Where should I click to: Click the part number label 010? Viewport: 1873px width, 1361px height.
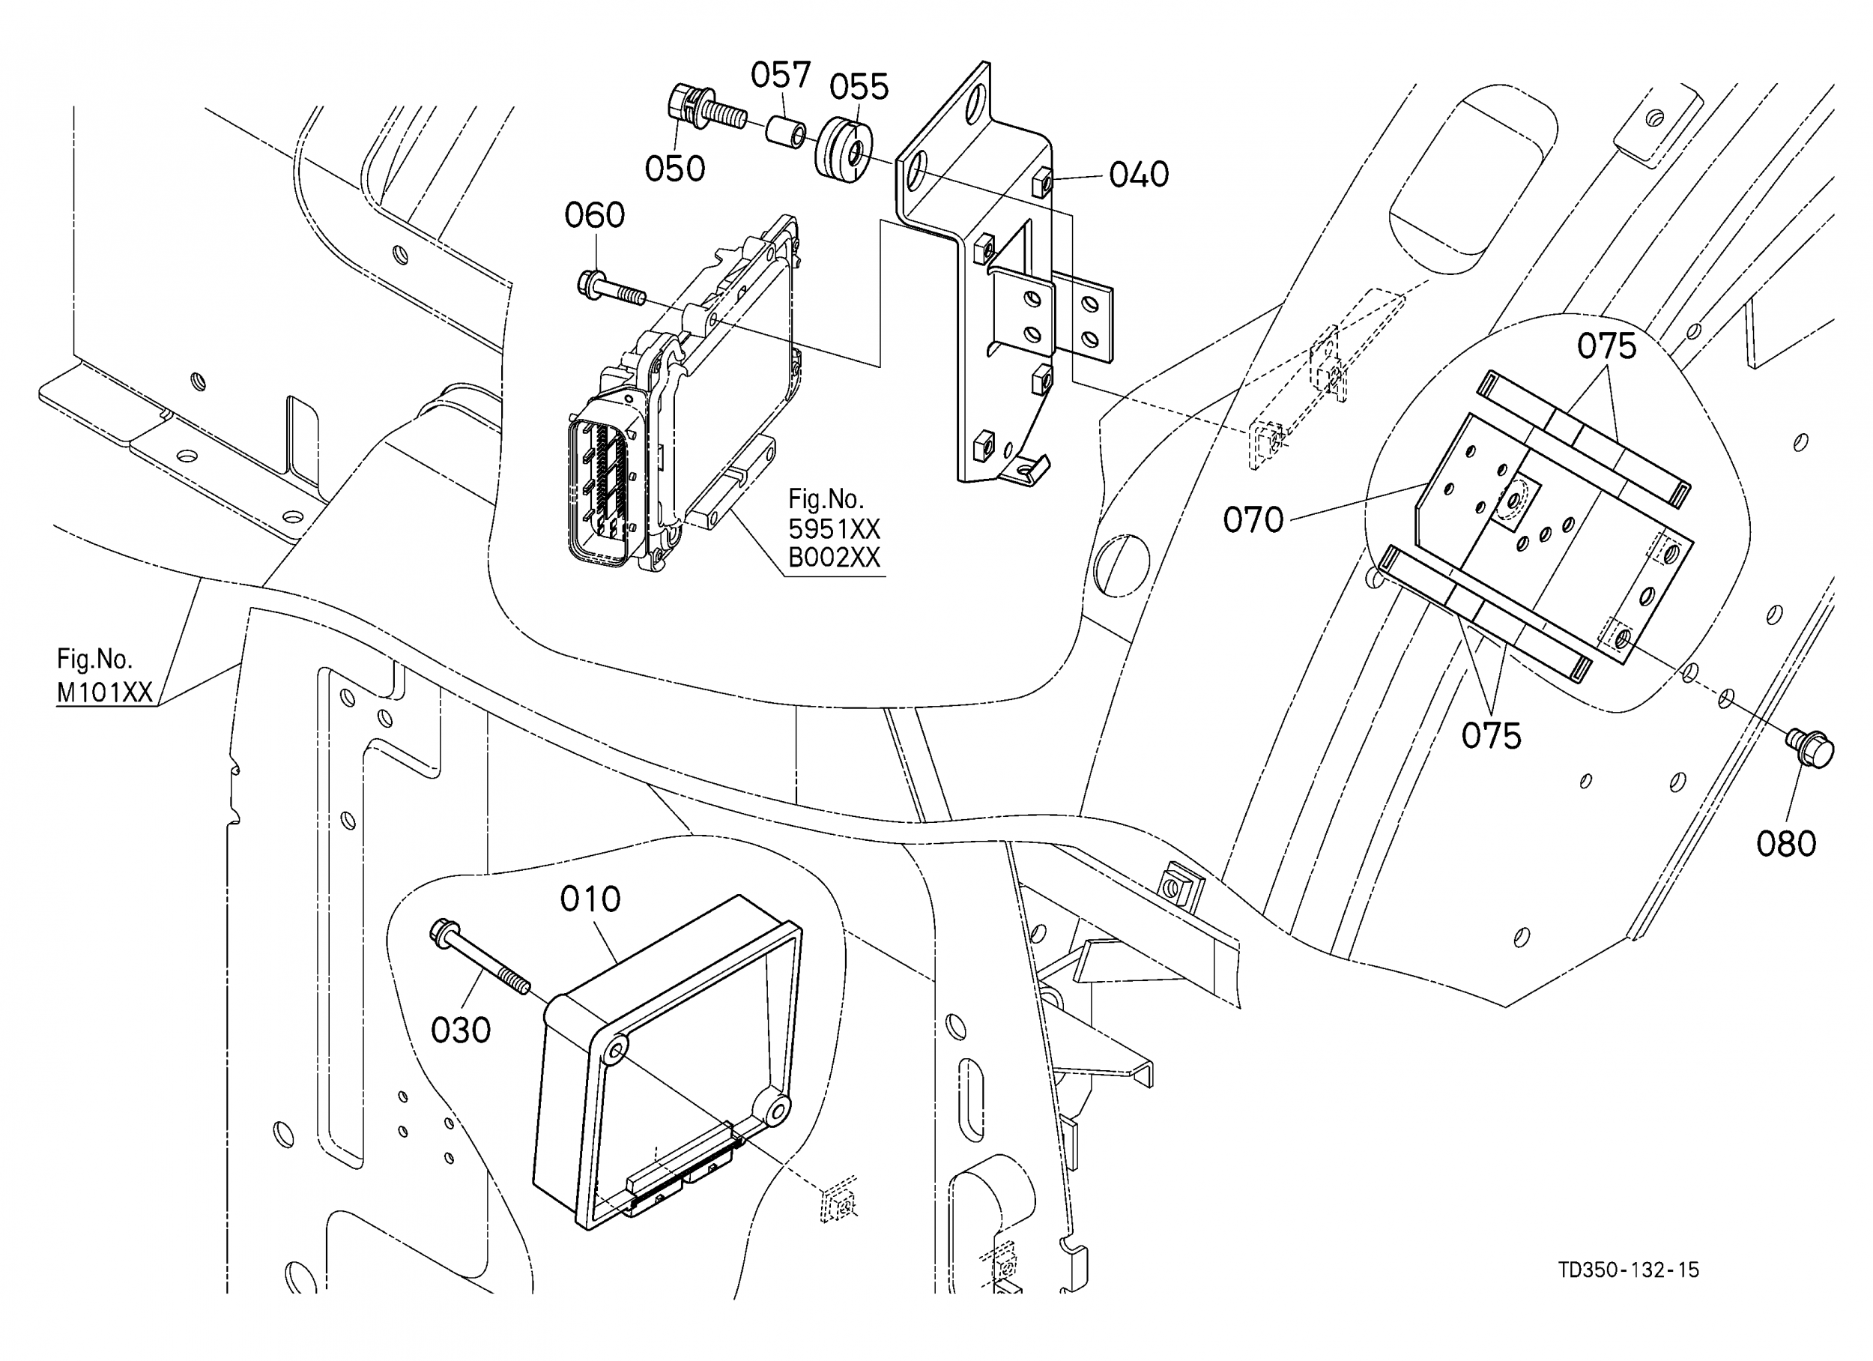590,899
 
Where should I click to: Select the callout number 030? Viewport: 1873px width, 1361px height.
461,1030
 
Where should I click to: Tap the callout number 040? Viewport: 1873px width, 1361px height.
1139,175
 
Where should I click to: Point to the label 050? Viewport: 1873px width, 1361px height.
675,169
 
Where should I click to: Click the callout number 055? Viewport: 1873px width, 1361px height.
859,87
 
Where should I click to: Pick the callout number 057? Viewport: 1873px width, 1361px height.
781,75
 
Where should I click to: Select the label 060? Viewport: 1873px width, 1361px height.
594,216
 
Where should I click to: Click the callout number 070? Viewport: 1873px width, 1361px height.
1253,521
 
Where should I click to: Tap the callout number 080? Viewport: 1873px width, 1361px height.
1785,844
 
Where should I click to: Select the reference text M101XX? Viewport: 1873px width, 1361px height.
105,692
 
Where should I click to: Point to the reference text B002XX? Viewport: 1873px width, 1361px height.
834,558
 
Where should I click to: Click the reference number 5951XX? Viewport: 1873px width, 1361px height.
834,529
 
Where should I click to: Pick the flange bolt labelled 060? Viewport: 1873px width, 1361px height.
611,289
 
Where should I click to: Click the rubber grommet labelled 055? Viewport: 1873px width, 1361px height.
844,151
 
